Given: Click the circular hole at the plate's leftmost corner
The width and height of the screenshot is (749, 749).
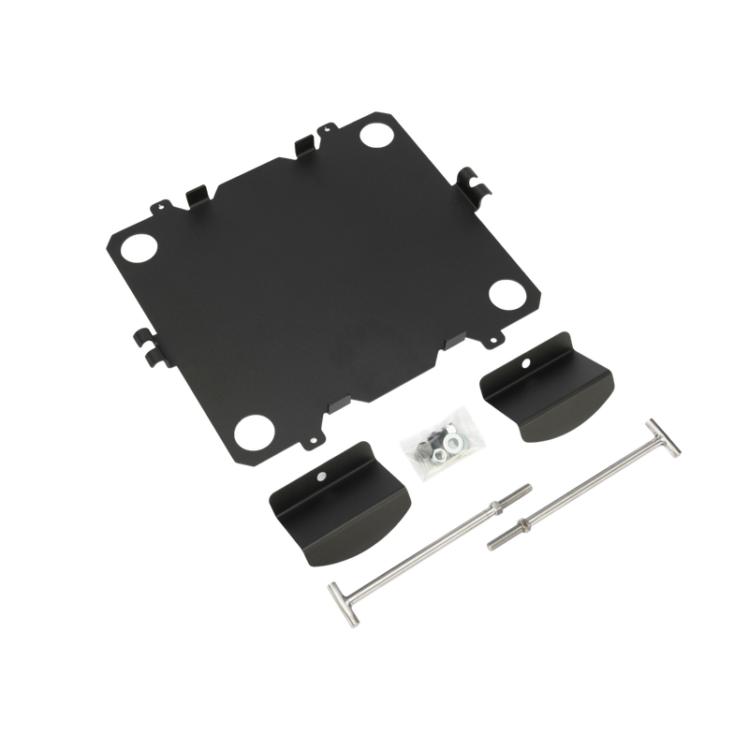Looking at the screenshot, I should pyautogui.click(x=136, y=248).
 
